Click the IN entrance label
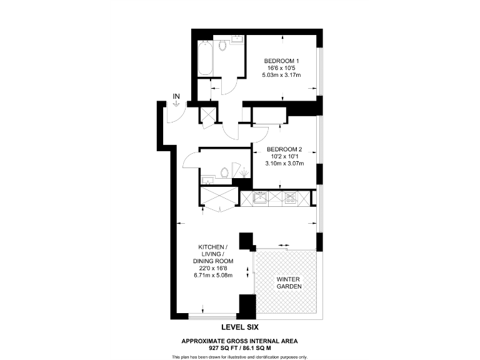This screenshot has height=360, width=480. [x=176, y=96]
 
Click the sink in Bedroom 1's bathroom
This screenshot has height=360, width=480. [x=237, y=41]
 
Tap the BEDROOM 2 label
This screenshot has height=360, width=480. [x=284, y=149]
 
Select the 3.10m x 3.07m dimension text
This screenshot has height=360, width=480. [x=284, y=164]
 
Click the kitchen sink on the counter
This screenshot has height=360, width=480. [x=259, y=199]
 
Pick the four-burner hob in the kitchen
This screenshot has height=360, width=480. [x=290, y=199]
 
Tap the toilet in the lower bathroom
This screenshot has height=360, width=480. [x=224, y=172]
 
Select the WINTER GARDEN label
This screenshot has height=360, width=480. [x=289, y=282]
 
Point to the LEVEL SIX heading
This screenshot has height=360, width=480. [x=240, y=327]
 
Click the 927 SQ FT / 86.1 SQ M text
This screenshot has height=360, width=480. [x=239, y=347]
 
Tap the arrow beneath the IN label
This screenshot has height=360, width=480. [x=176, y=105]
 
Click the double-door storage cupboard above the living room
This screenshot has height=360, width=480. [x=219, y=197]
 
